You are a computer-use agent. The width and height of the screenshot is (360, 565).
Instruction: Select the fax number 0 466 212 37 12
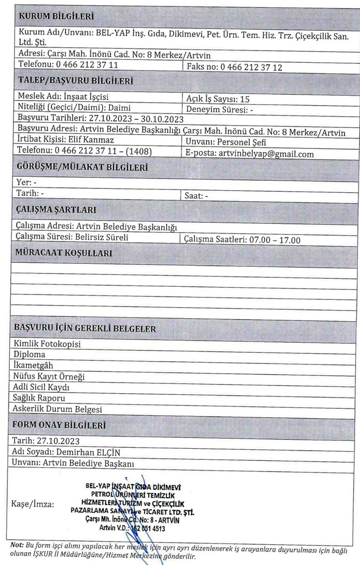(x=252, y=67)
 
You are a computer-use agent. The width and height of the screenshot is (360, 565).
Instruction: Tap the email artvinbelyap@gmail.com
(x=266, y=154)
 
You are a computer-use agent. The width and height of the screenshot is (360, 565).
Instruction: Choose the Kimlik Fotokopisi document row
(x=47, y=344)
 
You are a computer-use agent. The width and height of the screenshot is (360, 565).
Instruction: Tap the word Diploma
(x=30, y=354)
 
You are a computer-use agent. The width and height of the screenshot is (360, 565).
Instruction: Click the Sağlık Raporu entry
(x=40, y=398)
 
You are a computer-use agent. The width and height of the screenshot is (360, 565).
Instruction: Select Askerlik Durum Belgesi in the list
(x=57, y=409)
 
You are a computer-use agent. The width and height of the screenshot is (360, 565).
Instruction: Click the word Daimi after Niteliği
(x=119, y=108)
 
